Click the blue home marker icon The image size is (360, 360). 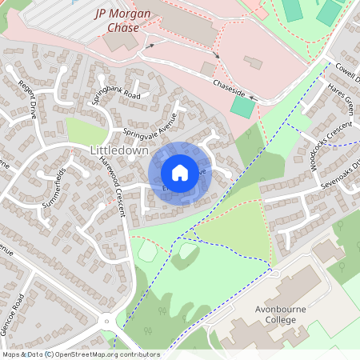tap(180, 173)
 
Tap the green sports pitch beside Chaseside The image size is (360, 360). tap(239, 106)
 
